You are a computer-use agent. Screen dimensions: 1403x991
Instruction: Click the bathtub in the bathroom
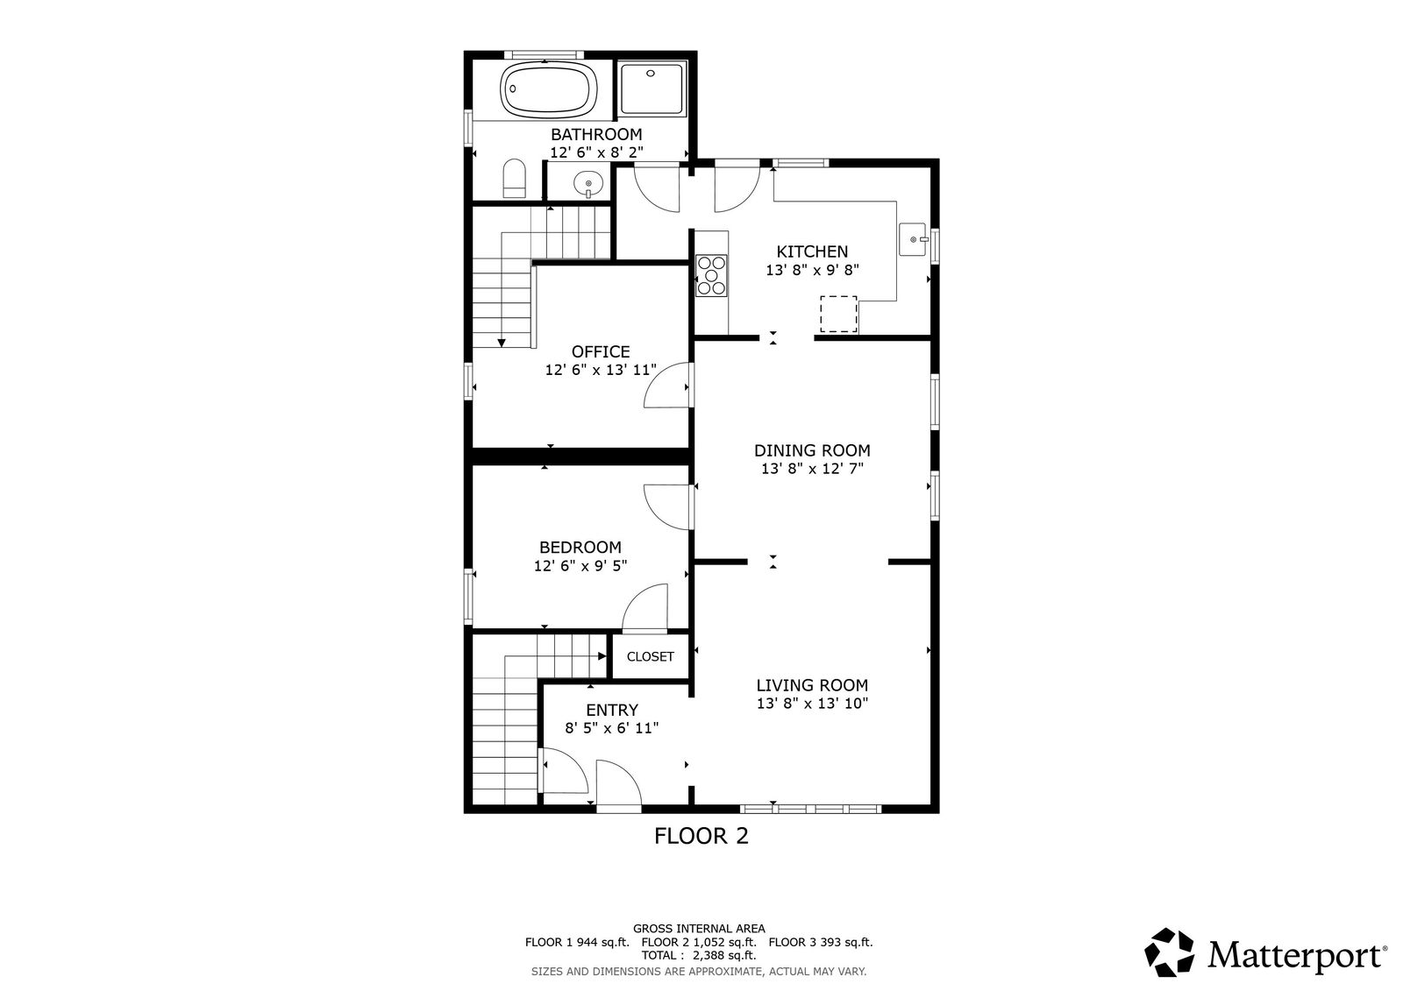point(548,89)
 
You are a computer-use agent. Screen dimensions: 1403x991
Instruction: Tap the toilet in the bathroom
point(514,179)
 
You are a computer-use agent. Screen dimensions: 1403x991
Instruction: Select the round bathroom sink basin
point(588,183)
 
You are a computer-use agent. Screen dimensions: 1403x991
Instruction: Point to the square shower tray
point(652,88)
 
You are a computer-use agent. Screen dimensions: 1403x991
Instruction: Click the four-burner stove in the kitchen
point(711,275)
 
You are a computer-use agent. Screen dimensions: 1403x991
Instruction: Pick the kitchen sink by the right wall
point(913,239)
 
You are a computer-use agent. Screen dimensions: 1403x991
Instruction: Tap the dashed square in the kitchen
point(838,315)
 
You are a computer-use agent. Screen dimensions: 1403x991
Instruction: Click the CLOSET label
point(650,656)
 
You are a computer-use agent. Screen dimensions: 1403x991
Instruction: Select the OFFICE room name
point(601,351)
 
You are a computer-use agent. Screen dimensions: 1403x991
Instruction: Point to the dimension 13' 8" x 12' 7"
point(812,468)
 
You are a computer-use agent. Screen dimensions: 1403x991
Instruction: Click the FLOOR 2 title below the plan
point(701,836)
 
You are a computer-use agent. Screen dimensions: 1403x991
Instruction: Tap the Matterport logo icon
point(1169,952)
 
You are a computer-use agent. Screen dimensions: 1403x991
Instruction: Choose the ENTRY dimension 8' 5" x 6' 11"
point(612,728)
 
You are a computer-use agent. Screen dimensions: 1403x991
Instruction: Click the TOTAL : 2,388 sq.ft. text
point(698,955)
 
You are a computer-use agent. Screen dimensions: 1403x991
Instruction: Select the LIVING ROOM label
point(812,685)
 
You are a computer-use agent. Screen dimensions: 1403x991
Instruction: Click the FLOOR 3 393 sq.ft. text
point(821,942)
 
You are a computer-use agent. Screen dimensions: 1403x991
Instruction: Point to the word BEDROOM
point(580,547)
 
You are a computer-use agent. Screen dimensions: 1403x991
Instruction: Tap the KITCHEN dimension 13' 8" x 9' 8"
point(812,270)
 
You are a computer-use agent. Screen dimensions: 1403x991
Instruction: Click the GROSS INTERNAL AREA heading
point(699,929)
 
